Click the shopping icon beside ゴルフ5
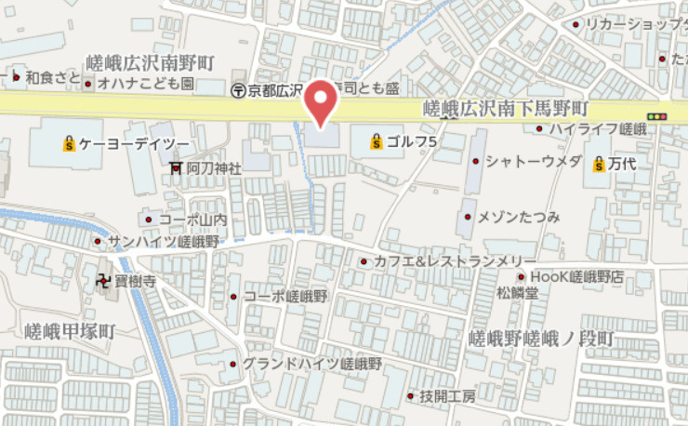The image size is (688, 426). coord(376,141)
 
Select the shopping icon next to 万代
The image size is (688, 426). coord(599,165)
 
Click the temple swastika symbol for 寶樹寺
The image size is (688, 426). coord(103,279)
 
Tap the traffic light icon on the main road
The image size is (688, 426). coord(660,117)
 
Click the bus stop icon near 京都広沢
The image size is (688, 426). coord(238,90)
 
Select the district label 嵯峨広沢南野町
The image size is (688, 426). coord(150,62)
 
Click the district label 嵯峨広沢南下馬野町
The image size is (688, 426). coord(506,109)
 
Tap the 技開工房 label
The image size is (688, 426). coord(447,396)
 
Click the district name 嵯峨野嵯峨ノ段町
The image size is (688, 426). coord(542,337)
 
